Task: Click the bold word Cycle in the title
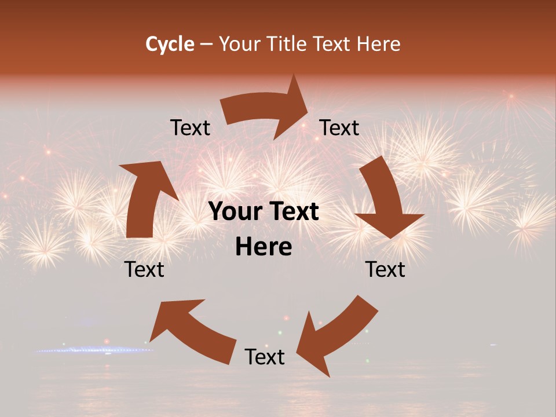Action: (170, 44)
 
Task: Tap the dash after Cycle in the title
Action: (206, 45)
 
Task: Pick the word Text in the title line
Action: (332, 44)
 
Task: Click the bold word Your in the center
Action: (233, 212)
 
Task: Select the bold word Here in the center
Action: (264, 247)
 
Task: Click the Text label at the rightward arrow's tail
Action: (190, 127)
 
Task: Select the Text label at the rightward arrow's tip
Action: (339, 127)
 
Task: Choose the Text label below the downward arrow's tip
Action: (386, 269)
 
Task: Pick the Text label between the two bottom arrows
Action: (265, 357)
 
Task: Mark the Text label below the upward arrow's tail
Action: (145, 269)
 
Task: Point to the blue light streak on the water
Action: (93, 350)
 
